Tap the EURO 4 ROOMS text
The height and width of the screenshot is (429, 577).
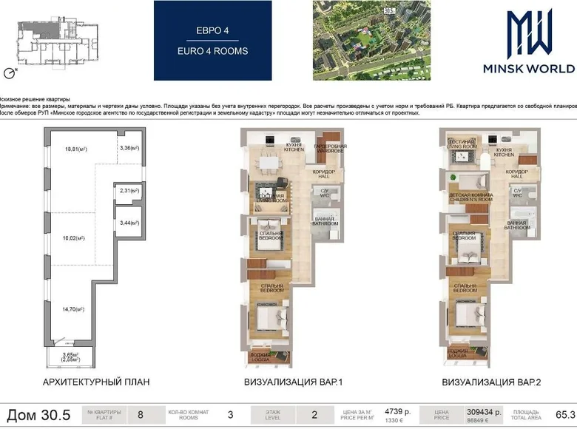pyautogui.click(x=212, y=52)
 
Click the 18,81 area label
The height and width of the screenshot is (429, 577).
pyautogui.click(x=76, y=149)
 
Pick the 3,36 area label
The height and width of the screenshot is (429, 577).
pyautogui.click(x=129, y=148)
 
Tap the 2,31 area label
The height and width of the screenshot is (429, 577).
pyautogui.click(x=129, y=191)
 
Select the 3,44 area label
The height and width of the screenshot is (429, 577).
pyautogui.click(x=129, y=222)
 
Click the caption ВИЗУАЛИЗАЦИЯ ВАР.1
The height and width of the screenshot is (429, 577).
pyautogui.click(x=287, y=382)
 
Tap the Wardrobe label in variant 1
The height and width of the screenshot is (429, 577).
pyautogui.click(x=330, y=148)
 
